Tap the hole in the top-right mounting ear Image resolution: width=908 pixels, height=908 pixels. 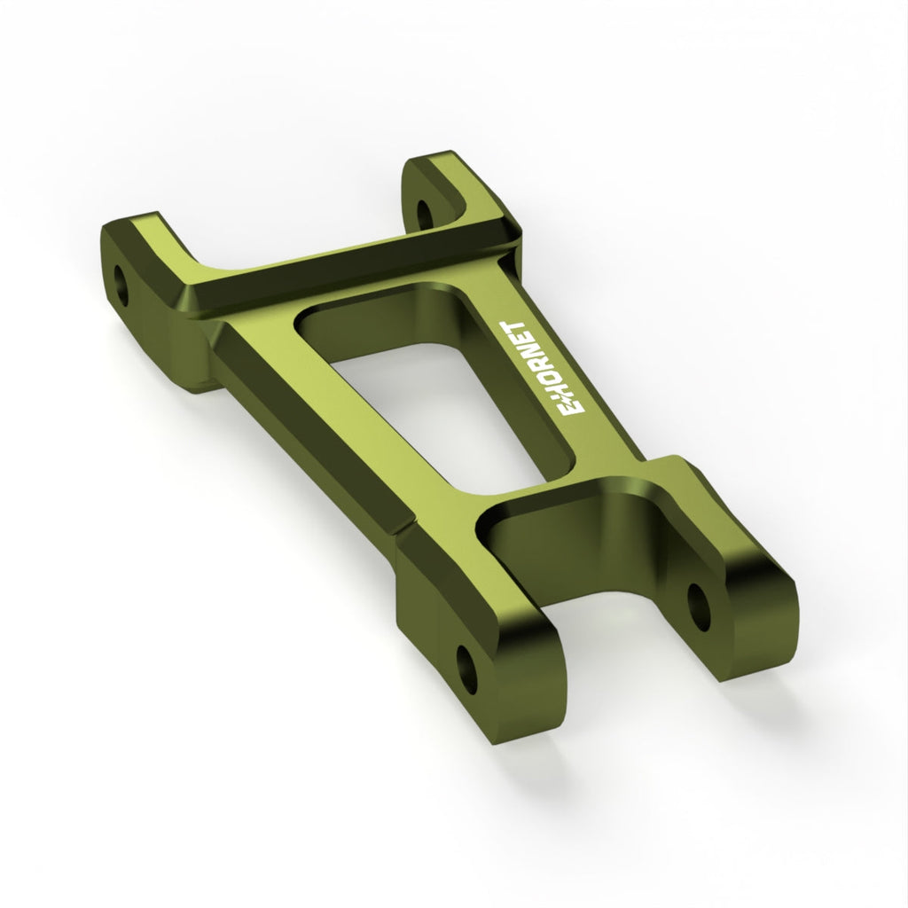[x=425, y=214]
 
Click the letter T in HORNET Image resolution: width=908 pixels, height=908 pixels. [x=515, y=329]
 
